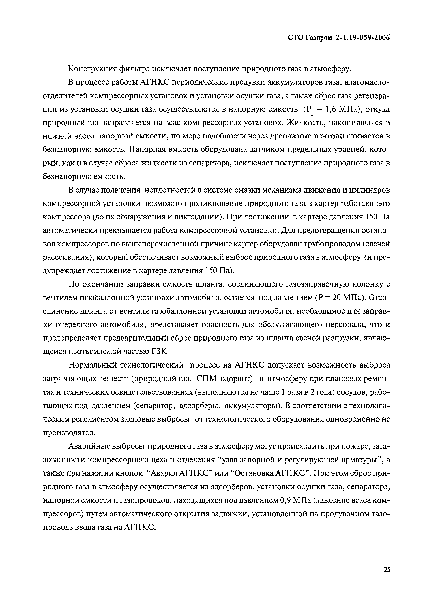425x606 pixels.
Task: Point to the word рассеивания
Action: pos(66,257)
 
